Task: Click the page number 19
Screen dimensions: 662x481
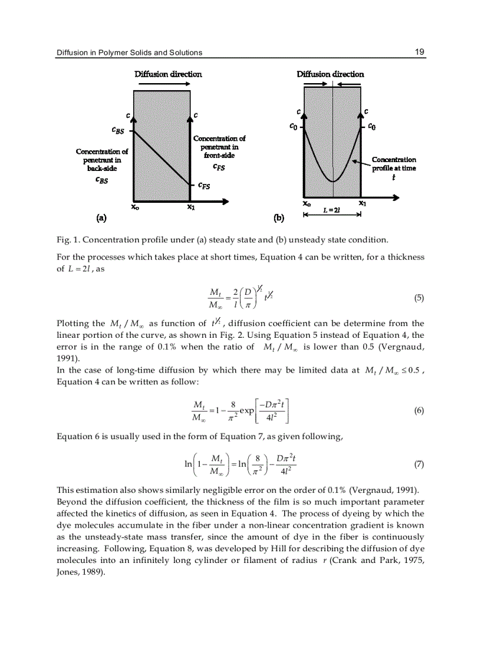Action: click(419, 52)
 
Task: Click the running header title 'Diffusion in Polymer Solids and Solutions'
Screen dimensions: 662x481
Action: click(129, 52)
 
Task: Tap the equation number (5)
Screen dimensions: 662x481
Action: click(419, 298)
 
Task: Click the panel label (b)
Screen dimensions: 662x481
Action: click(279, 218)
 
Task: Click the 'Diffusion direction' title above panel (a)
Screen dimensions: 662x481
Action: click(168, 74)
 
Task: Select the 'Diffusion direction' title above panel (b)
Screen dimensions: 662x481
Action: click(330, 74)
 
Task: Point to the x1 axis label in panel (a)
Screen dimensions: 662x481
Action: click(190, 207)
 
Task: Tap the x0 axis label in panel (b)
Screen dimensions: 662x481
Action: click(307, 203)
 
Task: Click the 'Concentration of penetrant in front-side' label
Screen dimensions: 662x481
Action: click(219, 147)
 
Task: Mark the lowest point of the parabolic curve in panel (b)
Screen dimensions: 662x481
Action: click(333, 182)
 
